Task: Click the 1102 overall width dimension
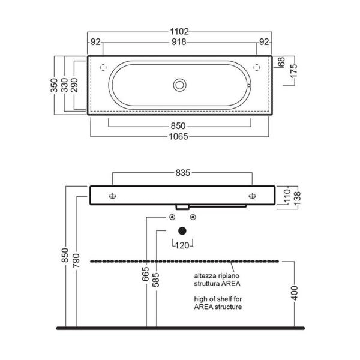point(179,31)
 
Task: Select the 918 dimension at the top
point(179,42)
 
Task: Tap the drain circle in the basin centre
point(179,85)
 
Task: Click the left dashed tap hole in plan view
point(103,67)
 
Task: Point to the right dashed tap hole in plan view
point(257,67)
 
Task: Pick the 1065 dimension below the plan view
point(179,137)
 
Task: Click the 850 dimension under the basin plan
point(178,126)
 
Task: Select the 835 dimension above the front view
point(183,173)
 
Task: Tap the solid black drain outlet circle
point(182,231)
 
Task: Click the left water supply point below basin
point(172,217)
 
